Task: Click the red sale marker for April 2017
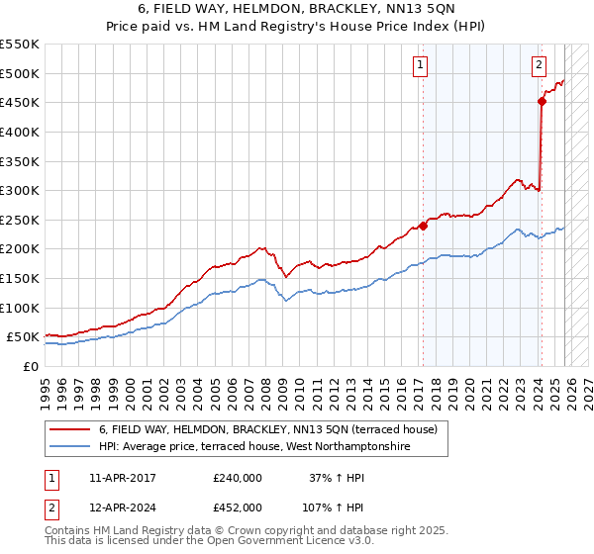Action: click(x=423, y=226)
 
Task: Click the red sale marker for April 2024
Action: click(x=542, y=101)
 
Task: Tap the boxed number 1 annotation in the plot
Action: click(x=421, y=66)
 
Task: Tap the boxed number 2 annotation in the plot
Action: click(x=539, y=66)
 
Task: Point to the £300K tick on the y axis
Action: click(x=20, y=190)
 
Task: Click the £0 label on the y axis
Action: click(x=32, y=366)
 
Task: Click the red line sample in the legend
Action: click(x=70, y=429)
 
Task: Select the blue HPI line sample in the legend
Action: click(x=70, y=447)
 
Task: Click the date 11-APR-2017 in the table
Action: click(x=122, y=478)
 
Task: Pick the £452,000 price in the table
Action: click(x=238, y=507)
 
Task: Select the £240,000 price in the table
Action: click(x=238, y=478)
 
